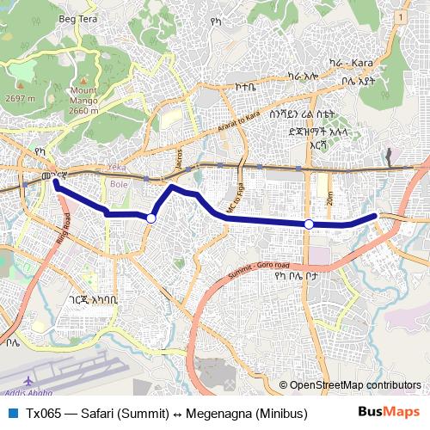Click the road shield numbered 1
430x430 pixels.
tap(402, 16)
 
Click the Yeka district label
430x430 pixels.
tap(116, 167)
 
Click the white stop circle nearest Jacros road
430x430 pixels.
tap(151, 218)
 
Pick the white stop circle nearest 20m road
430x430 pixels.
tap(309, 224)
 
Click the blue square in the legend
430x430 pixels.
tap(10, 413)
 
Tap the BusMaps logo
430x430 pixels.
tap(388, 412)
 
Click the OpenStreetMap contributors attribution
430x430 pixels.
tap(354, 384)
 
